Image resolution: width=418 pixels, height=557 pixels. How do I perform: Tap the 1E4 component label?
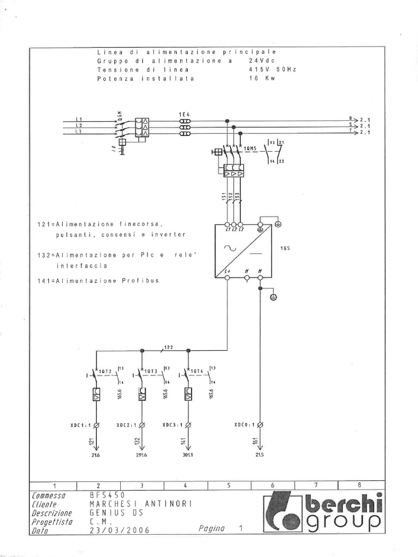click(x=185, y=113)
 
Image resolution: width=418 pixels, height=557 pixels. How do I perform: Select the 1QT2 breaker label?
click(x=105, y=372)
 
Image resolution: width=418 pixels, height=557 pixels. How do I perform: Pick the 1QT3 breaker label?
click(x=151, y=372)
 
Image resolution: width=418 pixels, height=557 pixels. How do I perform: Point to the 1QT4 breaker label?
click(x=196, y=372)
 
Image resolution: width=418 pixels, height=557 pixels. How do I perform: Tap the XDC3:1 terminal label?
click(x=173, y=424)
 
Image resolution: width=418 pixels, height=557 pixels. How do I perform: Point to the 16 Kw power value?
click(x=262, y=78)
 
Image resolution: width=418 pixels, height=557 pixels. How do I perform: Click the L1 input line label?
click(x=78, y=119)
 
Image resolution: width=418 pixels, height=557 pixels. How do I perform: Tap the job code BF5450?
click(x=108, y=496)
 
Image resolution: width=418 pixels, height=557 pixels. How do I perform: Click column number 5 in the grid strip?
click(x=228, y=485)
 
